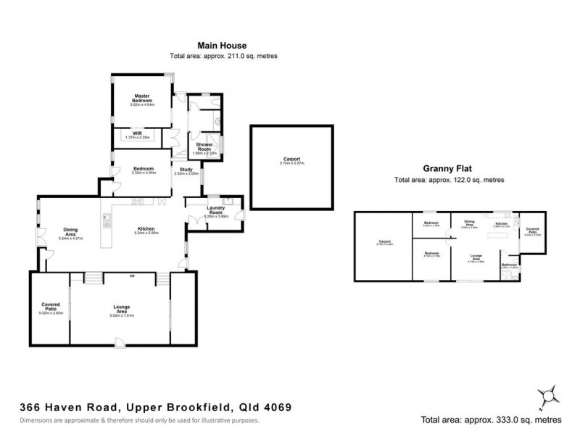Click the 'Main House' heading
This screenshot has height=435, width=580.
224,44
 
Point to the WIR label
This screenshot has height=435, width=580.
136,133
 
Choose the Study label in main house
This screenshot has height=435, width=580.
186,169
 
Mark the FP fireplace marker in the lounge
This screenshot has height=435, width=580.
131,276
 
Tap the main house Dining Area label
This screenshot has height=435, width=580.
70,232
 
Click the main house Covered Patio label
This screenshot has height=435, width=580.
54,307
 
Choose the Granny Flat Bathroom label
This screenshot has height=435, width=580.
510,265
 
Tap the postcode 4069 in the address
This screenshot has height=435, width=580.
277,407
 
